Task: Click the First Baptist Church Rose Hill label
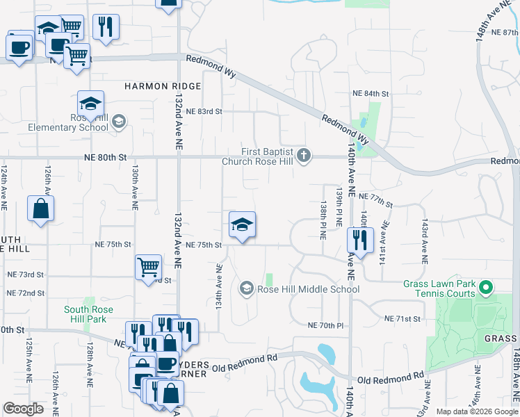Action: point(258,156)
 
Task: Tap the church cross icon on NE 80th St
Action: point(303,156)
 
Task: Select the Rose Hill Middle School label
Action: point(308,289)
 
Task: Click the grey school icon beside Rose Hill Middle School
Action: point(246,288)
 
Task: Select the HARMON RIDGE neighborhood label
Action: point(163,86)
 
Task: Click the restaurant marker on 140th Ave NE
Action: point(360,240)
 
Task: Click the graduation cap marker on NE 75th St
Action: point(242,225)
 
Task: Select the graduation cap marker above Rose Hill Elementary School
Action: point(90,104)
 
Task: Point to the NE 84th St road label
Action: point(371,93)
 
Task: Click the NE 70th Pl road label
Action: point(326,325)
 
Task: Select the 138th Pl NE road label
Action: point(323,221)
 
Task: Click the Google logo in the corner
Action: point(24,409)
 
